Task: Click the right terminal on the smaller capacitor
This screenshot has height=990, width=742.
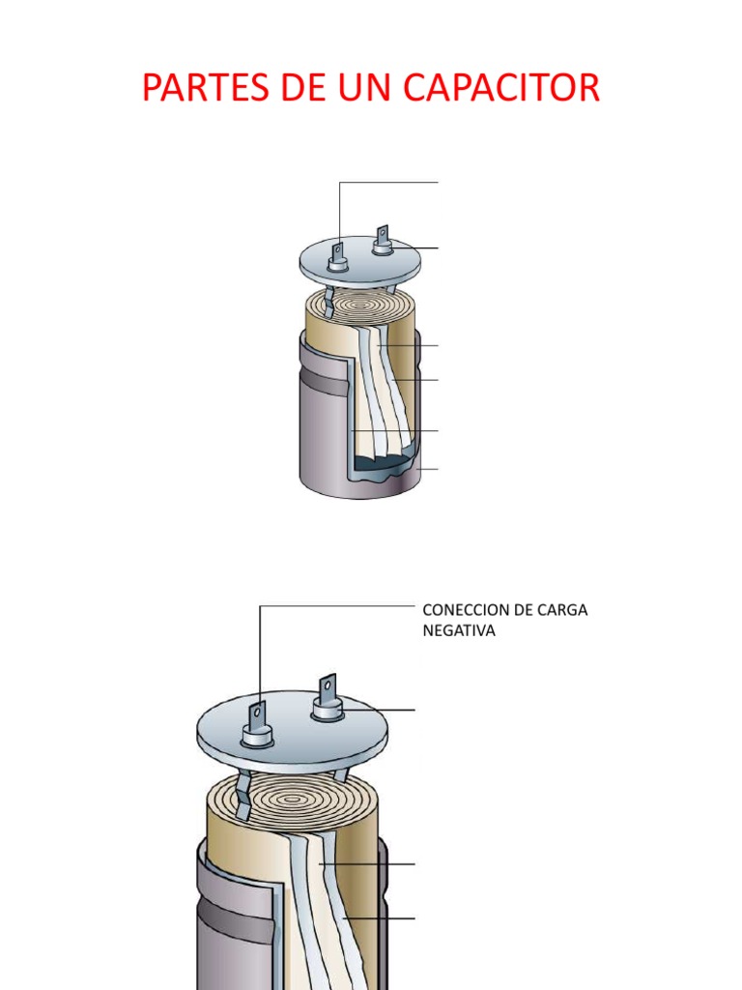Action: (x=384, y=240)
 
